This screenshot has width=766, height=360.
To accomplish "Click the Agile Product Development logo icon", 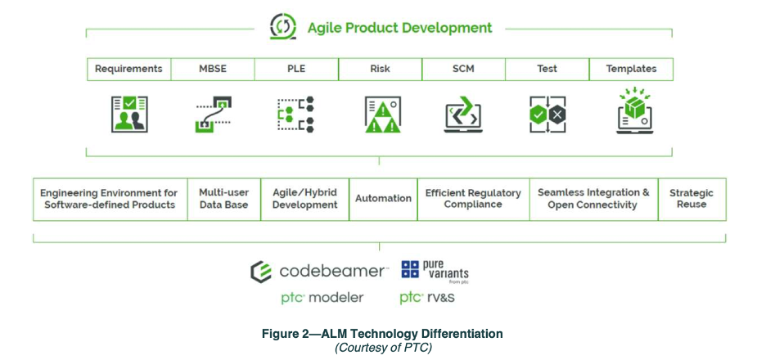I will coord(282,28).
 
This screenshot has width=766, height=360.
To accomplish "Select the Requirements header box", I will coord(128,69).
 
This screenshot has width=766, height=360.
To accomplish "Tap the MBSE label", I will coord(213,69).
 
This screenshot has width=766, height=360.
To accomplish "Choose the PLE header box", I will coord(296,69).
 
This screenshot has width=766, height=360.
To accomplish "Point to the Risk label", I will coord(380,69).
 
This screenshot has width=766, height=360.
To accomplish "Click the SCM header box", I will coord(463,69).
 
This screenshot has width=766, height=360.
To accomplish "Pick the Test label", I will coord(547,69).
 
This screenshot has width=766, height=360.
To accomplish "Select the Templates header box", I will coord(631,69).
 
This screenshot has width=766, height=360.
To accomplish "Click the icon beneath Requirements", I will coord(129,114).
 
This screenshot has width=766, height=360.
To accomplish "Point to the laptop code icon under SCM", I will coord(464,115).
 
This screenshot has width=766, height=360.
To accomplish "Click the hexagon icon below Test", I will coord(547,115).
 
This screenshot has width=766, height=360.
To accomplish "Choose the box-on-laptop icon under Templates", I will coord(632,113).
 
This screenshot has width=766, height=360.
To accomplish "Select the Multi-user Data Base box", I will coord(223,198).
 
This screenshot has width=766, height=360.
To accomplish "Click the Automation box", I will coord(383,198).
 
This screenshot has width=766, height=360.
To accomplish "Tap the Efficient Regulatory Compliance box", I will coord(473,198).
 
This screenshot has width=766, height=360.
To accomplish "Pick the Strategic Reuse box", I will coord(691,198).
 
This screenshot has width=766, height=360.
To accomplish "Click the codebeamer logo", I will coord(318,271).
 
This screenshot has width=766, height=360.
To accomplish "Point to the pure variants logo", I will coord(435,271).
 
